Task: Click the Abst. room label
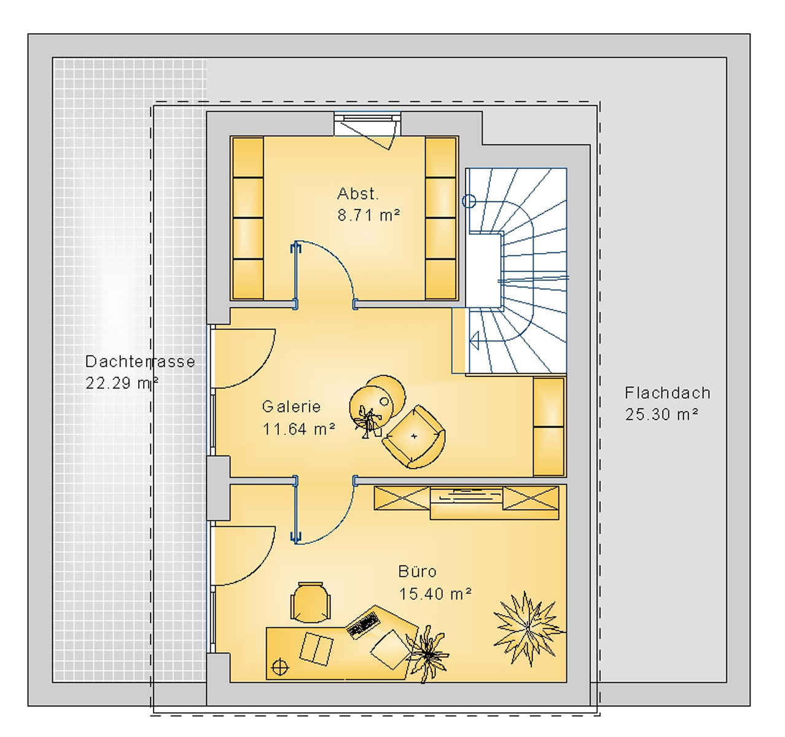click(358, 194)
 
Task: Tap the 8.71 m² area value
click(369, 216)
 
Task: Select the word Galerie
click(291, 407)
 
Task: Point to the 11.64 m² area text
click(299, 429)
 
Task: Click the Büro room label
click(418, 572)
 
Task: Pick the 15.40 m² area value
click(435, 594)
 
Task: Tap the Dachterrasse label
click(140, 362)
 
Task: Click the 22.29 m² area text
click(122, 383)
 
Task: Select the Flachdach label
click(667, 393)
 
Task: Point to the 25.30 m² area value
click(662, 415)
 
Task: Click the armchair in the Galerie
click(414, 437)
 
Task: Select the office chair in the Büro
click(310, 602)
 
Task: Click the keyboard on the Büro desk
click(362, 623)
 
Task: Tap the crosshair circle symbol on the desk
click(279, 666)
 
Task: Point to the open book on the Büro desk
click(316, 649)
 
